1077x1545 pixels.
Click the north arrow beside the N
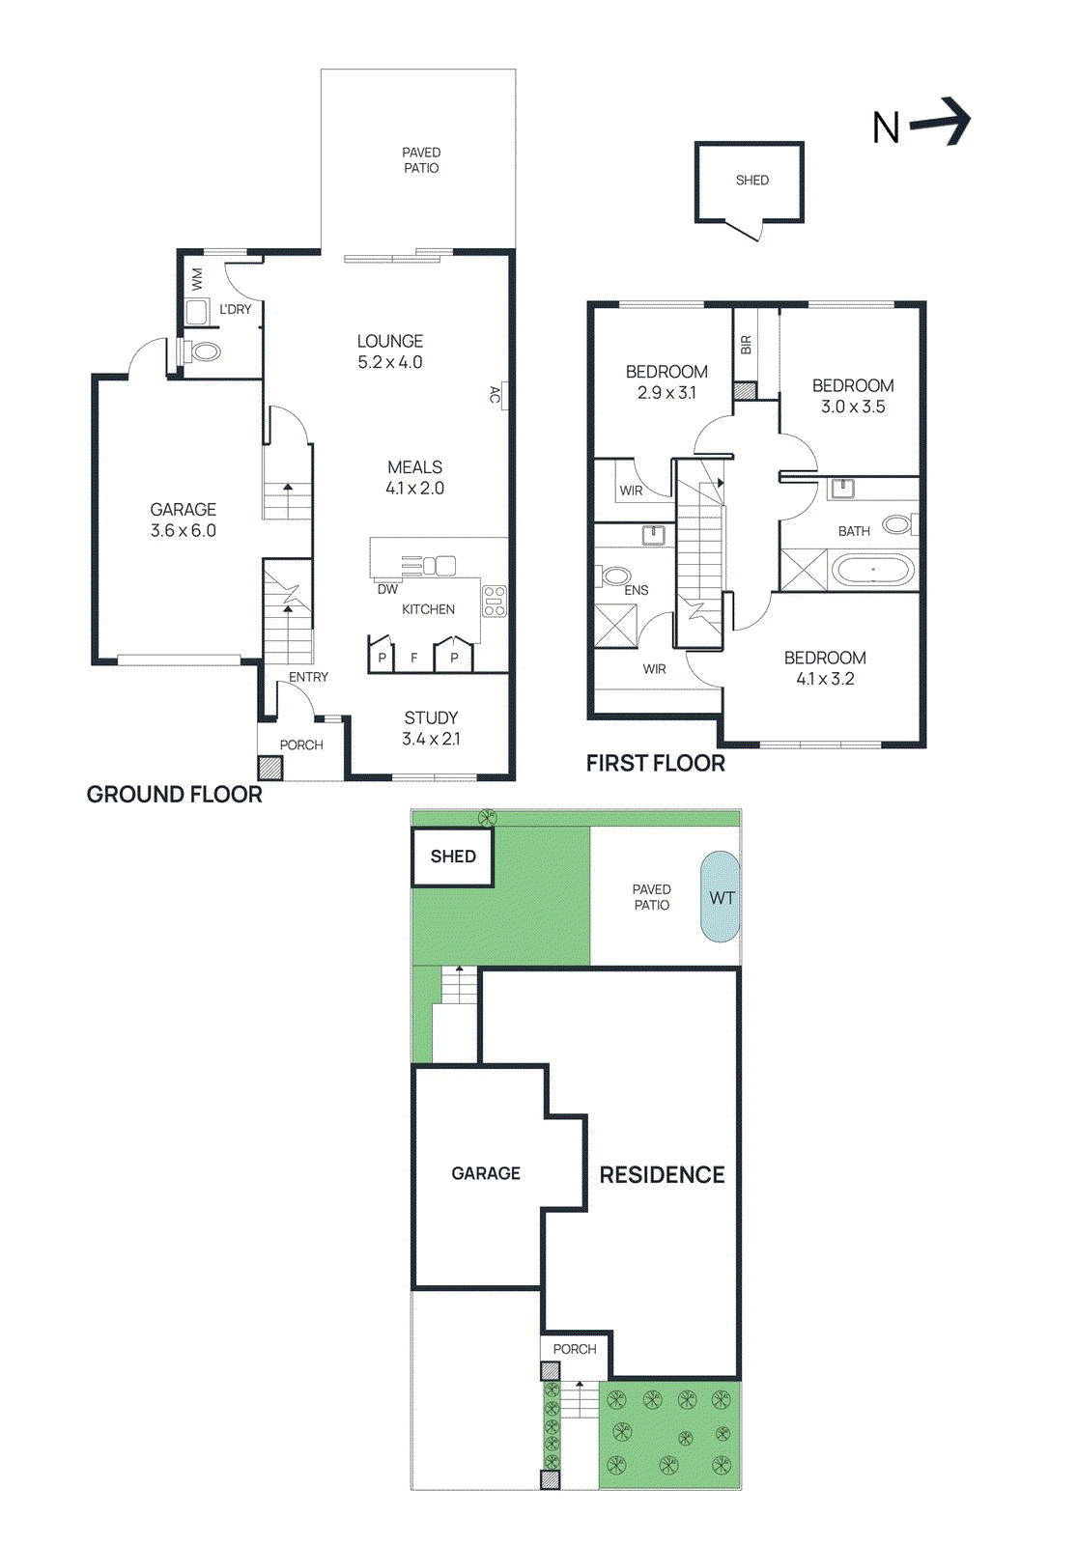tap(942, 122)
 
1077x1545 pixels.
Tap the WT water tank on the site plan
tap(721, 897)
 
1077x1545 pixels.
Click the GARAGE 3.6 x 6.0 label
tap(183, 520)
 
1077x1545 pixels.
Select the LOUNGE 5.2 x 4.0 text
tap(390, 351)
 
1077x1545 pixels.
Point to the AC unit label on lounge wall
tap(496, 394)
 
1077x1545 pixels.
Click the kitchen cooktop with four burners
tap(494, 601)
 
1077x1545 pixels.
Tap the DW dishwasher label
tap(387, 589)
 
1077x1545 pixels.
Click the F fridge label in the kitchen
tap(414, 659)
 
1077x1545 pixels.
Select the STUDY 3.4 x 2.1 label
tap(431, 728)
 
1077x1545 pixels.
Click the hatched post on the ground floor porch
tap(270, 768)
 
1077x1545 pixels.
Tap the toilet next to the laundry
tap(203, 351)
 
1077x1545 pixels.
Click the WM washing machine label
tap(197, 280)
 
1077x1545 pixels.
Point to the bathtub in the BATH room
tap(873, 570)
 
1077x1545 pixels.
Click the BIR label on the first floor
tap(746, 345)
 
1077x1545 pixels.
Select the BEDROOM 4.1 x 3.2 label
tap(825, 668)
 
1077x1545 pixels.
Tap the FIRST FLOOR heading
tap(655, 763)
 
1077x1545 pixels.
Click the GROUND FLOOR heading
tap(175, 794)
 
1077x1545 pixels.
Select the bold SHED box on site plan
tap(453, 857)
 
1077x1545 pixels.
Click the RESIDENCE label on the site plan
tap(662, 1175)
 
